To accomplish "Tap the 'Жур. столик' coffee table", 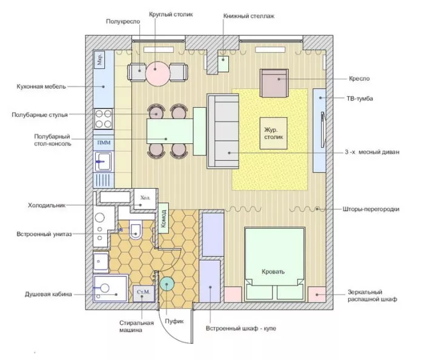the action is click(x=273, y=133).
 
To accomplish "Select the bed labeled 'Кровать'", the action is click(x=274, y=264).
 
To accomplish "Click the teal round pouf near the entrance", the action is click(x=167, y=284).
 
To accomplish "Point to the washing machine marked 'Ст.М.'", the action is click(x=144, y=293).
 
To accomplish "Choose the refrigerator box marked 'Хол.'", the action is click(x=145, y=199).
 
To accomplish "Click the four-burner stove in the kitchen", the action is click(x=104, y=119).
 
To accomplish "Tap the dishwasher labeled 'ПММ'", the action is click(x=104, y=143).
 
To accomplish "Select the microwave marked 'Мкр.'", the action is click(x=99, y=59).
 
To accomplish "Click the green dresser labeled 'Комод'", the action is click(x=163, y=218).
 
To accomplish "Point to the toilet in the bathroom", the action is click(x=135, y=229).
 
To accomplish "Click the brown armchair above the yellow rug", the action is click(x=274, y=83).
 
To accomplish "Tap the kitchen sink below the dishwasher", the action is click(x=104, y=162).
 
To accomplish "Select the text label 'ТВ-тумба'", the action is click(x=359, y=99).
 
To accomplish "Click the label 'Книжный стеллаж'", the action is click(x=248, y=16).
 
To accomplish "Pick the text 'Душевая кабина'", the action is click(x=48, y=294).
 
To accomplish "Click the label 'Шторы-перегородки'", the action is click(x=371, y=209).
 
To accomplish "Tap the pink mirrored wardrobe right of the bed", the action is click(x=317, y=294).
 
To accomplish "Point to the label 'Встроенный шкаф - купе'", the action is click(x=241, y=329).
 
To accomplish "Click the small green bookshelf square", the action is click(x=223, y=64).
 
